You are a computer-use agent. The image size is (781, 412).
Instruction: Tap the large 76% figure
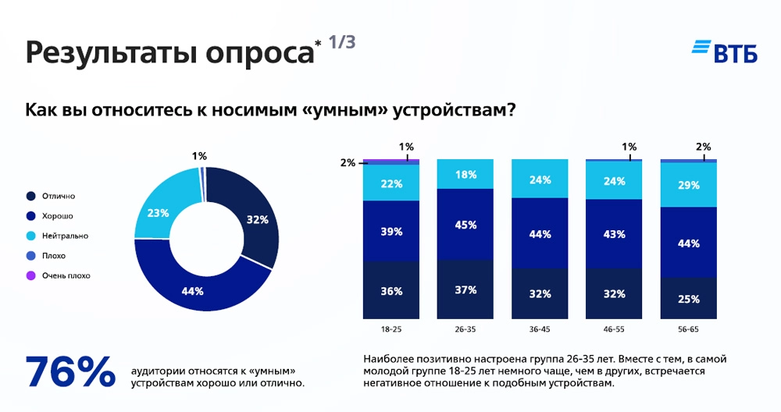click(x=70, y=373)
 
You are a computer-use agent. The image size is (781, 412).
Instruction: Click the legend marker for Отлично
click(x=30, y=196)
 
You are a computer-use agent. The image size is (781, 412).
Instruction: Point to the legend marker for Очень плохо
click(x=30, y=275)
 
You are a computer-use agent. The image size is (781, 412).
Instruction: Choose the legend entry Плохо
click(x=55, y=255)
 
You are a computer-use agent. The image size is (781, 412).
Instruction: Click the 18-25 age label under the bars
click(x=391, y=331)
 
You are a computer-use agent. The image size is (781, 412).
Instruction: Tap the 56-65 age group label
click(x=688, y=331)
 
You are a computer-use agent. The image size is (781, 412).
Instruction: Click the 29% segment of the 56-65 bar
click(x=688, y=185)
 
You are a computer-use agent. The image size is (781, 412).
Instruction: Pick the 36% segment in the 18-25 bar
click(x=391, y=290)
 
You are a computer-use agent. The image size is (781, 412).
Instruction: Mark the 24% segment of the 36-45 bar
click(x=540, y=179)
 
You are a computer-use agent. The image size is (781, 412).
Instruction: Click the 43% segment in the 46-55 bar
click(x=614, y=233)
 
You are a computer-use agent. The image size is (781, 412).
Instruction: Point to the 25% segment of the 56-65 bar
click(x=688, y=298)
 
